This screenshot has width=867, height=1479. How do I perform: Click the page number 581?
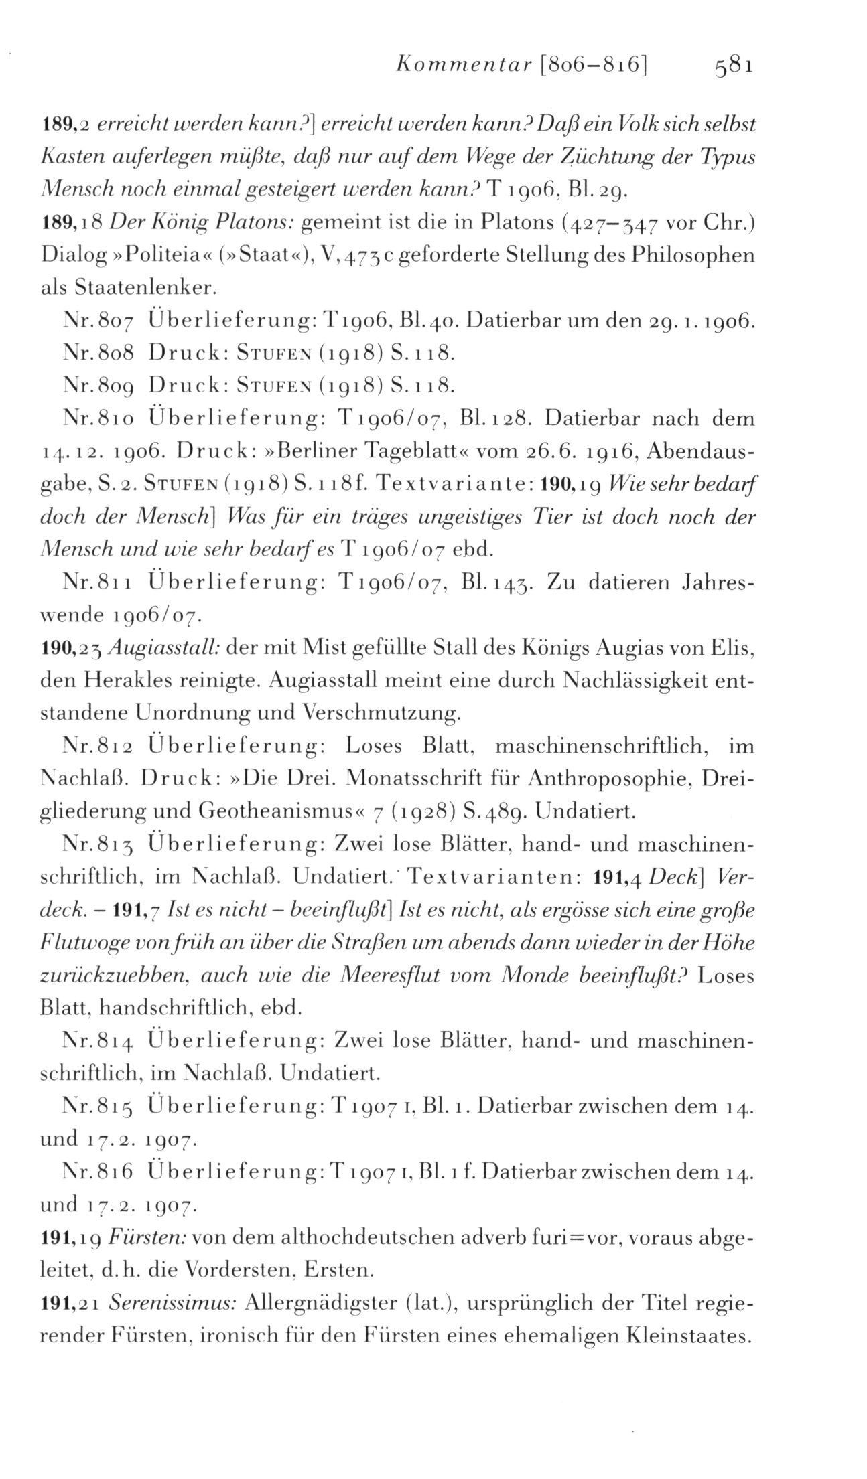(x=735, y=67)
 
